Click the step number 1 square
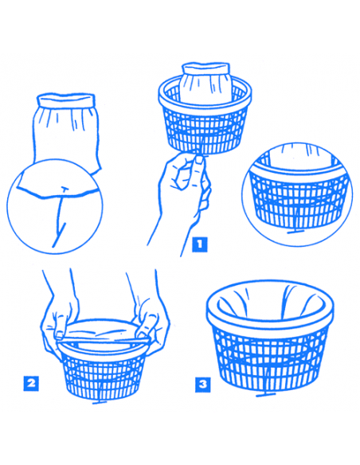200,244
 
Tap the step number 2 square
31,384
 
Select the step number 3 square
203,385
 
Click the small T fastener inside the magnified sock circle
64,188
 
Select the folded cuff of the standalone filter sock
66,100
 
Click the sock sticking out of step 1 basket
205,82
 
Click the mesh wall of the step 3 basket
270,361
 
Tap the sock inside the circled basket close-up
299,156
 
